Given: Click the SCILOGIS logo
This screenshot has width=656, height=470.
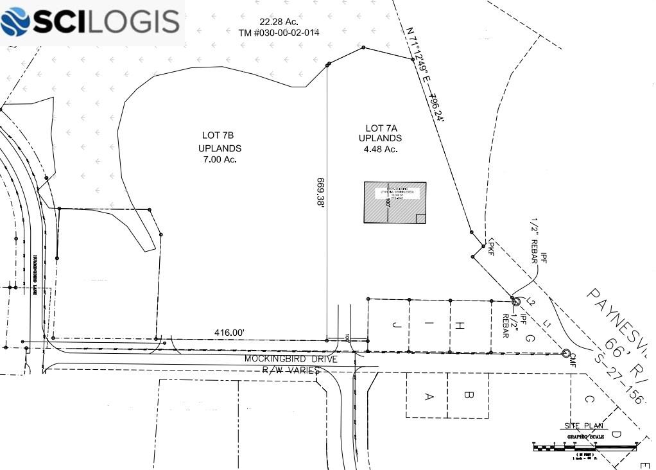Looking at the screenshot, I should point(91,22).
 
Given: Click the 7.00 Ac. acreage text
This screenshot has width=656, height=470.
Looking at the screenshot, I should point(220,159).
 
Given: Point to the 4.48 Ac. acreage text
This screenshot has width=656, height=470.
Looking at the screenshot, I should point(381,149).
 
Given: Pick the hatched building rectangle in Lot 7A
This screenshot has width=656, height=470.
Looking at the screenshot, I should point(395,202).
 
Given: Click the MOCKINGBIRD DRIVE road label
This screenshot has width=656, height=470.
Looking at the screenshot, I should point(291,360).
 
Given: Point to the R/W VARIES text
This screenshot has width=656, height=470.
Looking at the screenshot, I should point(291,371).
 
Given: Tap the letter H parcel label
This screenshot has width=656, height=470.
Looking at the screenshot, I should point(460,326).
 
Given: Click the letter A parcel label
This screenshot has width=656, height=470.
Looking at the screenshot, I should point(429,396).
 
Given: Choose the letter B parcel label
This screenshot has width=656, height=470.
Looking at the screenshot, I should point(469,396).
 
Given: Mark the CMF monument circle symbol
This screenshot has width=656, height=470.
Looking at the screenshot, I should point(565,353).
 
